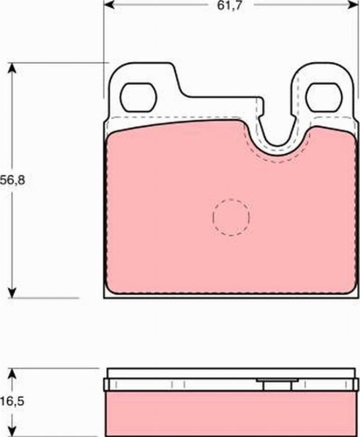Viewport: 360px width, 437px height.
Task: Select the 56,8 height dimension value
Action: tap(13, 180)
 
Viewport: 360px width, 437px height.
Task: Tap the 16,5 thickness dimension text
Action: tap(13, 402)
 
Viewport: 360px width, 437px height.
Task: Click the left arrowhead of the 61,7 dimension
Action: tap(109, 5)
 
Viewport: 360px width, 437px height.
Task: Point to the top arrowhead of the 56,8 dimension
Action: tap(11, 68)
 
